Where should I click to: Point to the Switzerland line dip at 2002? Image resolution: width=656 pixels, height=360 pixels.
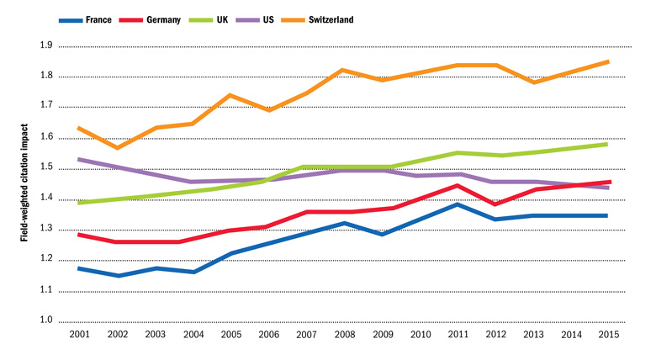coord(117,148)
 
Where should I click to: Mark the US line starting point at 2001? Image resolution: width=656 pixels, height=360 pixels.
coord(78,159)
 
